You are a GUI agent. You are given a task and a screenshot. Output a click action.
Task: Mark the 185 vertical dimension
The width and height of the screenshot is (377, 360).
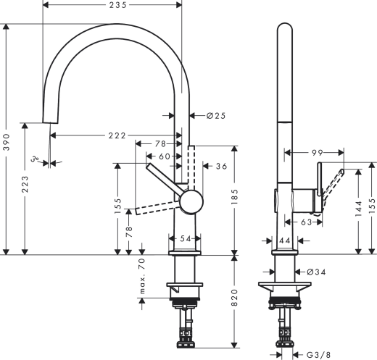pyautogui.click(x=233, y=193)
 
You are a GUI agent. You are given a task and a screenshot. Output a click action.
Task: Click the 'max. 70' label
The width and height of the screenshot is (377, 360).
pyautogui.click(x=143, y=278)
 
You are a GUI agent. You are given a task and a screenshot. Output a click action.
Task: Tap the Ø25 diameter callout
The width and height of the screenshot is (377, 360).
pyautogui.click(x=215, y=115)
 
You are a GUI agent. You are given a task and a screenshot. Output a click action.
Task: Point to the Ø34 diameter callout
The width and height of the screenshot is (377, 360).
pyautogui.click(x=316, y=272)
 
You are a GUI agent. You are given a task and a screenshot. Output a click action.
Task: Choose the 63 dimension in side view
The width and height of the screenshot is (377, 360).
pyautogui.click(x=307, y=223)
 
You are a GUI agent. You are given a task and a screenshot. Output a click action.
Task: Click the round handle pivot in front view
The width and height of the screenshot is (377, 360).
pyautogui.click(x=192, y=201)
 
